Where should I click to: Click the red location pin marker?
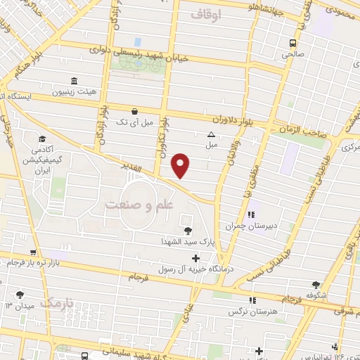pos(181,165)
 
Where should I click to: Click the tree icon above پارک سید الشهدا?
pos(187,230)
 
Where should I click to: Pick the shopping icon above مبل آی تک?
pos(134,111)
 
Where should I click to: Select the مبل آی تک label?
pos(134,122)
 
